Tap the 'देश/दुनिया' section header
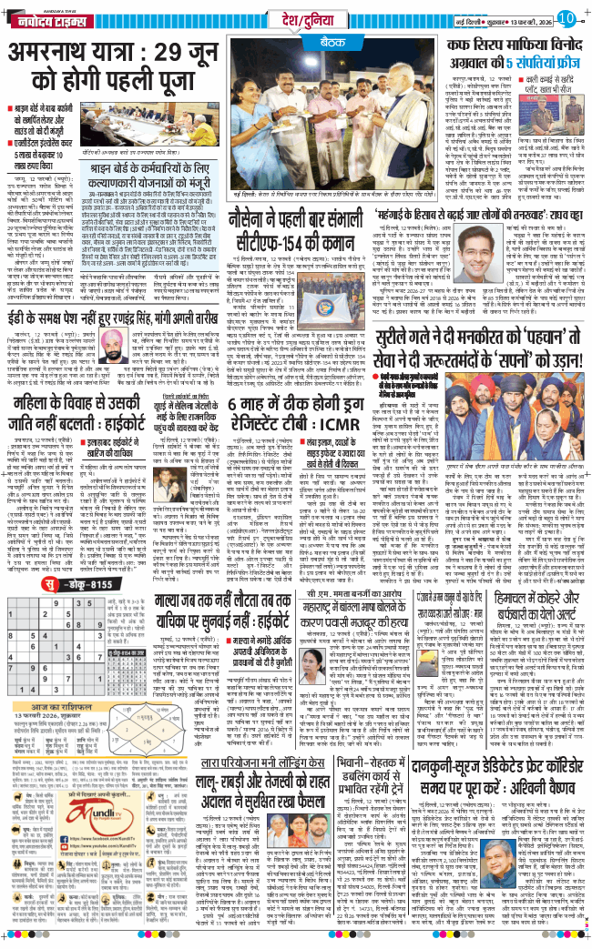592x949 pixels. coord(286,16)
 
